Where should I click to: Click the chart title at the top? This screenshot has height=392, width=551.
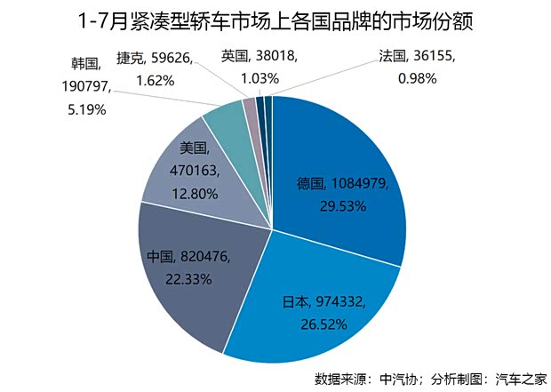coord(275,19)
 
